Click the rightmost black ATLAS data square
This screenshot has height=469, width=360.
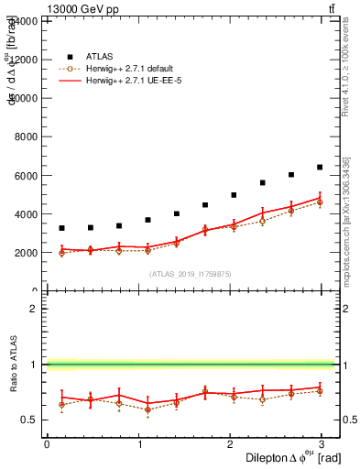click(320, 167)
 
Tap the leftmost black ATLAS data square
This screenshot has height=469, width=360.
click(61, 228)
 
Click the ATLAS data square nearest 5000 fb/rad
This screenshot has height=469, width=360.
click(234, 195)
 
